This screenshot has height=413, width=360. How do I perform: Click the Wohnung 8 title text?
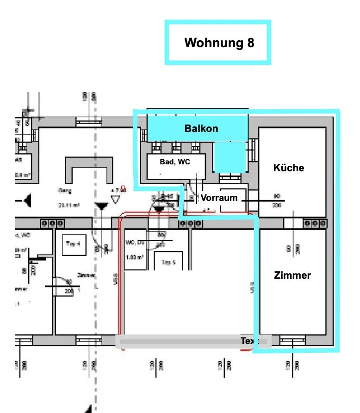[x=219, y=43]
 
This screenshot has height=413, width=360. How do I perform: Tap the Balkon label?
[x=201, y=128]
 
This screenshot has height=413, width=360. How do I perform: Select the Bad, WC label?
[x=175, y=162]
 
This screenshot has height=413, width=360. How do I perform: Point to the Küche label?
[x=288, y=168]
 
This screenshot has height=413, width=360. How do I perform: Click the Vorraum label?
[x=219, y=198]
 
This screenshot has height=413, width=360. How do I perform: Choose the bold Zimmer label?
[x=292, y=275]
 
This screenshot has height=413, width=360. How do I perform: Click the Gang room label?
[x=64, y=191]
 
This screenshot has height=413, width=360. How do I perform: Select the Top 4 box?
[x=73, y=244]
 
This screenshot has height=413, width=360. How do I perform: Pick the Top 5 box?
[x=168, y=262]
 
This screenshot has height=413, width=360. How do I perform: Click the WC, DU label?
[x=136, y=242]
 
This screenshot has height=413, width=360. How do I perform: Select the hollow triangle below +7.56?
[x=115, y=200]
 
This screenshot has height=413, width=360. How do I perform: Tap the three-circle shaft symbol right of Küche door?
[x=315, y=224]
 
